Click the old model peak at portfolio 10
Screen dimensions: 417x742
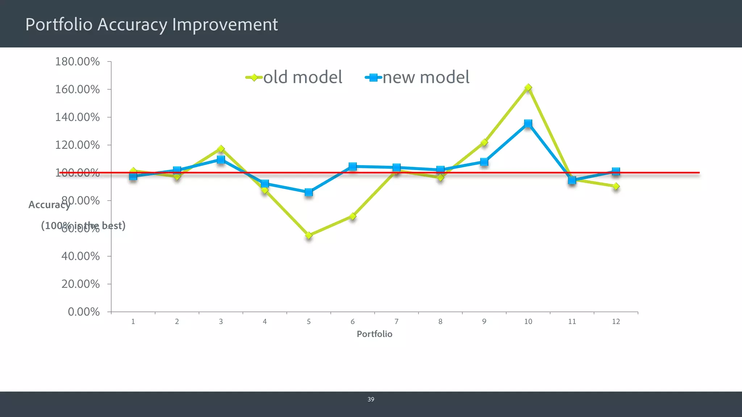click(x=528, y=88)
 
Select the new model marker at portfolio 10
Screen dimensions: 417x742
click(x=528, y=124)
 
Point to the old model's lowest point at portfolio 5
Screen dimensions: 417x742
click(x=309, y=235)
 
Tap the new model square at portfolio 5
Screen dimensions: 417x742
click(x=309, y=192)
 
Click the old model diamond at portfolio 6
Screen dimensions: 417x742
click(x=353, y=216)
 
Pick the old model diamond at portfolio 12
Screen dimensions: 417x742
click(x=616, y=186)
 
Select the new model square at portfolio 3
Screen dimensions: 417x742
click(x=221, y=160)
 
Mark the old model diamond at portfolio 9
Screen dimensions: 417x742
click(x=484, y=143)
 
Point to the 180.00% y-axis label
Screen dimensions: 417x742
click(x=77, y=62)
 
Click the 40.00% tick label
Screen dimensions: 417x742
click(x=80, y=256)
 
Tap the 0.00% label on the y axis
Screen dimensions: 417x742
click(x=84, y=312)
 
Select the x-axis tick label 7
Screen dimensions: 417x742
click(x=396, y=321)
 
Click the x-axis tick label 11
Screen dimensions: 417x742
click(x=572, y=321)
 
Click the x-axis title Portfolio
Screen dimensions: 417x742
click(x=374, y=334)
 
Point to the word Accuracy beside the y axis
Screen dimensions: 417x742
click(x=49, y=205)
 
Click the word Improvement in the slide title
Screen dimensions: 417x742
click(x=225, y=25)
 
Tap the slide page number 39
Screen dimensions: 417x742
click(x=371, y=399)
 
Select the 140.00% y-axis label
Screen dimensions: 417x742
click(x=77, y=117)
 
